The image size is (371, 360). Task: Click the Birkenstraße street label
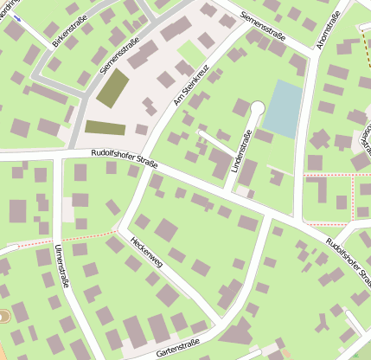point(69,28)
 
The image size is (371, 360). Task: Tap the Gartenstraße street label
point(183,347)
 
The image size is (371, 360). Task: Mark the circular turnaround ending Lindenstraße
point(257,107)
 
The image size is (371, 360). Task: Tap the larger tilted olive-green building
point(112,88)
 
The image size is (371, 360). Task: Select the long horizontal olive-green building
point(105,128)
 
